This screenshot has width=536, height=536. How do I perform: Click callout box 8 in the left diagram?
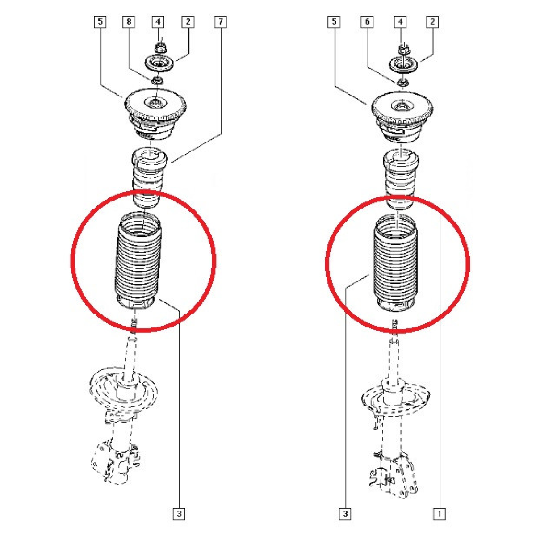129,22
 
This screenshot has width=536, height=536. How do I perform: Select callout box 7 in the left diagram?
220,22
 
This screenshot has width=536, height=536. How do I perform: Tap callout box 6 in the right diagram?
367,22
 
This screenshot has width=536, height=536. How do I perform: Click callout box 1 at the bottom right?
440,514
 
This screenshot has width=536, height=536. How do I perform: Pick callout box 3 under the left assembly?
179,514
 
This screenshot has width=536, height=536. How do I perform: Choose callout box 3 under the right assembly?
345,514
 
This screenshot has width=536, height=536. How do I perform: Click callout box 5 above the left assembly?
100,22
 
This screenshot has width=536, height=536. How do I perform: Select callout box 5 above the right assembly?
334,22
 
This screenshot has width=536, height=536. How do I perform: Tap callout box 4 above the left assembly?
158,22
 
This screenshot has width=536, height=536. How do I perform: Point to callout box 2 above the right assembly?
432,22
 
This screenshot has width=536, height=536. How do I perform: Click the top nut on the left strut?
159,48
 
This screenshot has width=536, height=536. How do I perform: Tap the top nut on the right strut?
403,50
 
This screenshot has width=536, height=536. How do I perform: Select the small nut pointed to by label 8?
157,81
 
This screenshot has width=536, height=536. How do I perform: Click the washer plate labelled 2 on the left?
159,64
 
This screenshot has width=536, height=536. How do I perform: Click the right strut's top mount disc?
402,117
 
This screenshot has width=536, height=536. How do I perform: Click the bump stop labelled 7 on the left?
148,177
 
